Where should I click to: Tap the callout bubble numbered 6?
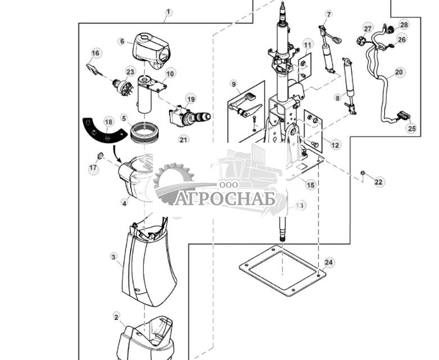(121, 41)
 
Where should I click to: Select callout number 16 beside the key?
(96, 53)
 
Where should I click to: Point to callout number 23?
(130, 71)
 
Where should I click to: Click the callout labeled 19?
(191, 99)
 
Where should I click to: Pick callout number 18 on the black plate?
(108, 122)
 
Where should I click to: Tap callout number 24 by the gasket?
(329, 262)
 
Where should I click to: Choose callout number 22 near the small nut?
(378, 182)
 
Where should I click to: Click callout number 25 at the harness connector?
(411, 129)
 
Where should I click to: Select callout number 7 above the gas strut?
(328, 14)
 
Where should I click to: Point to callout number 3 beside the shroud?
(114, 257)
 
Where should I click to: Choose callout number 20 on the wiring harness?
(399, 72)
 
